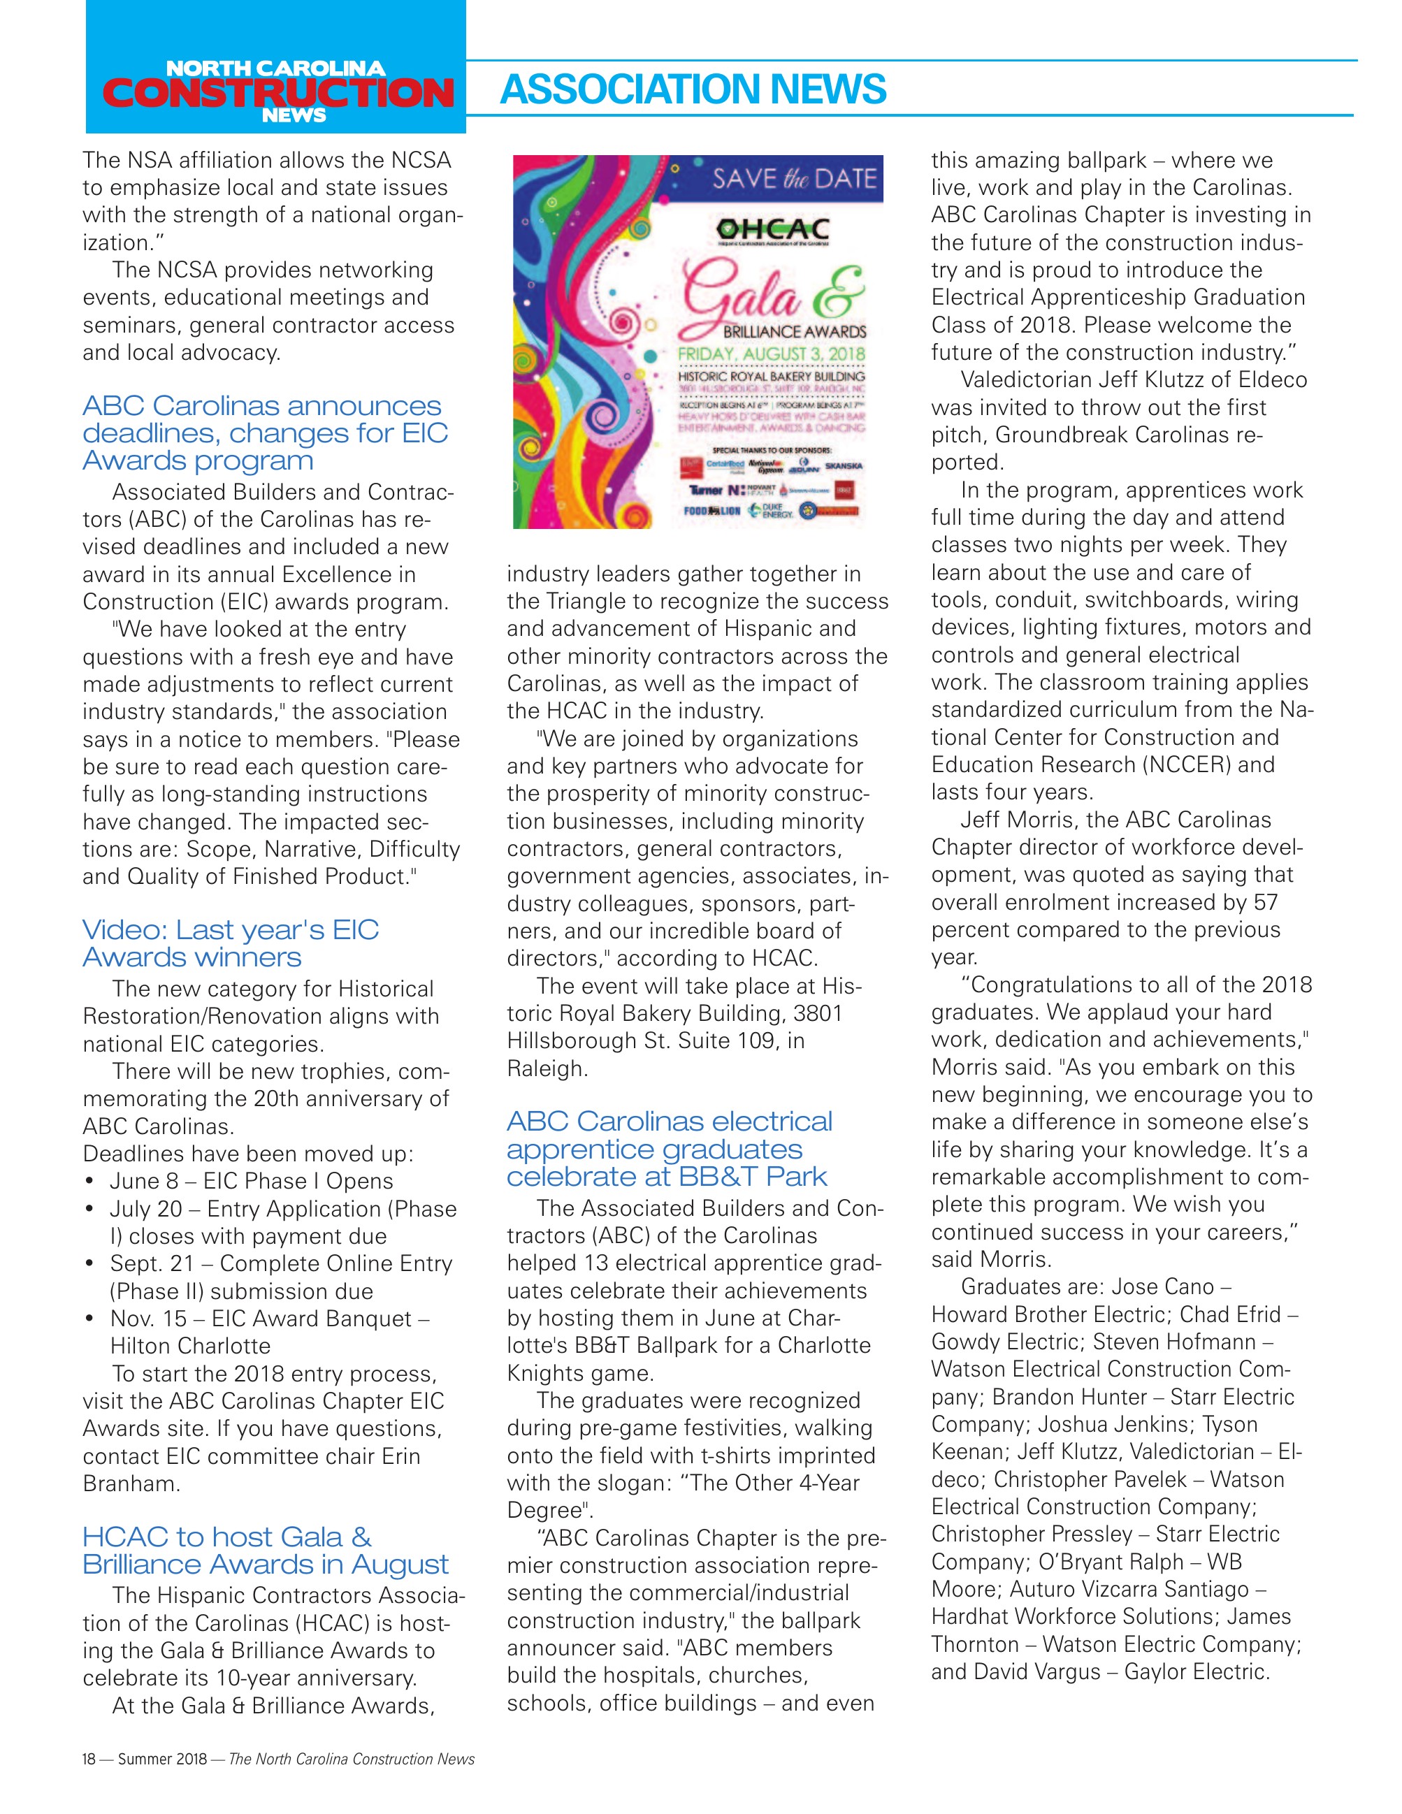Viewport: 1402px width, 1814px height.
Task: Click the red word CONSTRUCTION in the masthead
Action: [277, 92]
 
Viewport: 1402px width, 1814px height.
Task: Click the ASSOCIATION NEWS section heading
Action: [693, 89]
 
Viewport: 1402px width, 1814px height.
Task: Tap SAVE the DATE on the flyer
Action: [793, 179]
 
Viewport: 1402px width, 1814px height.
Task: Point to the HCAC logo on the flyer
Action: [773, 230]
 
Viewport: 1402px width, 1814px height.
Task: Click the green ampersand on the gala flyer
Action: [837, 291]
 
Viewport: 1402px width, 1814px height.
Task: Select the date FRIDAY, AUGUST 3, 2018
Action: [772, 355]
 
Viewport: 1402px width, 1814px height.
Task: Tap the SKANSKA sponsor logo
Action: [843, 466]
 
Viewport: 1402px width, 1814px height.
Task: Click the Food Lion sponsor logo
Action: [711, 511]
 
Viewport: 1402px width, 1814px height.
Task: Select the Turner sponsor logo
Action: [705, 490]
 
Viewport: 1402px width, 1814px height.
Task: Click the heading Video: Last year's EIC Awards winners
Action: [231, 943]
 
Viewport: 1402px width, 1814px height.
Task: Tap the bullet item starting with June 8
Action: [251, 1181]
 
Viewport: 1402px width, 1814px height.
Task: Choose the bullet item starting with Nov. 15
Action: [269, 1319]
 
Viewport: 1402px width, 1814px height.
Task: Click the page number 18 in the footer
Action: [89, 1758]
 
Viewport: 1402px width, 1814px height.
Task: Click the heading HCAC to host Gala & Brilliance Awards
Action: [265, 1550]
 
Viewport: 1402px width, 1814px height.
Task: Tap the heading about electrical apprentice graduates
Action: [670, 1149]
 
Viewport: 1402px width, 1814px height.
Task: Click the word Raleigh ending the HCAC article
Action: [547, 1068]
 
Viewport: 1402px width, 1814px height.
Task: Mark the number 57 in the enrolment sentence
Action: [1266, 902]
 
